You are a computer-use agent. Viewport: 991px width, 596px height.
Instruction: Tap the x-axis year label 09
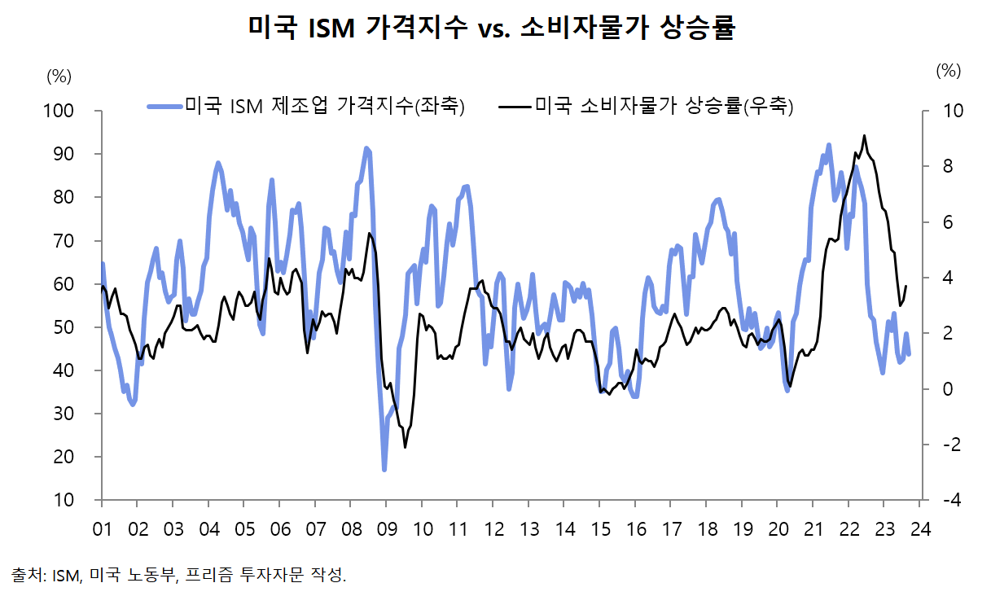386,528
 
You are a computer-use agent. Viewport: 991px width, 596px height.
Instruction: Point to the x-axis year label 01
102,528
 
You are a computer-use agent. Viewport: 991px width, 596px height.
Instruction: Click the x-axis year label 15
599,528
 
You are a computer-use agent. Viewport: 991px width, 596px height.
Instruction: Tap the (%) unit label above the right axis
949,70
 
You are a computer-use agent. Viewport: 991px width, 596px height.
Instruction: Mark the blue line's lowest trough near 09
384,469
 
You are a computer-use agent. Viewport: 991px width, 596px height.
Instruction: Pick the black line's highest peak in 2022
864,135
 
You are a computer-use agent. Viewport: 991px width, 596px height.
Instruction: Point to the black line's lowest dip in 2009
405,446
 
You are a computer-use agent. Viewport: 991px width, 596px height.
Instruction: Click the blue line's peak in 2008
366,148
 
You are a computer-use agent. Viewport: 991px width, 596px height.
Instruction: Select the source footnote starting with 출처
179,575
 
